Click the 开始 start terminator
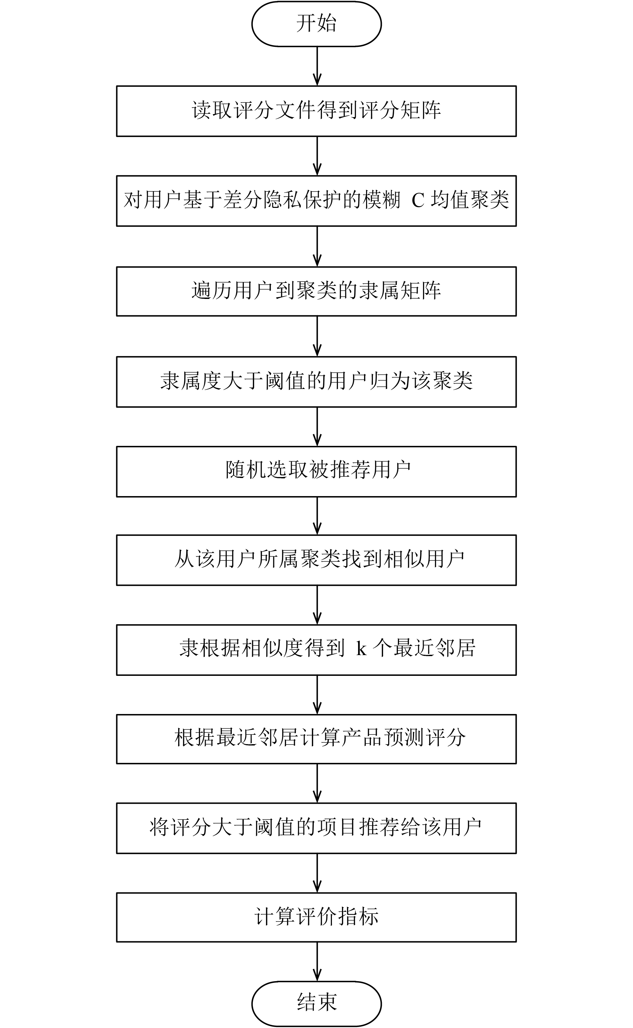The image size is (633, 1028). (x=316, y=23)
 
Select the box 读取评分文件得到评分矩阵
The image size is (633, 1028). (x=316, y=111)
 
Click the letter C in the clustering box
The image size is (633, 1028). (x=418, y=201)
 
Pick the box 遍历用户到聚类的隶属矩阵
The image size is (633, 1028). (x=316, y=291)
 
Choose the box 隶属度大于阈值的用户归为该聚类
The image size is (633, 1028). (x=316, y=382)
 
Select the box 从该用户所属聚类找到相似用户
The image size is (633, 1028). (x=316, y=560)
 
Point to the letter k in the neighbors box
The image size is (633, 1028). (x=361, y=648)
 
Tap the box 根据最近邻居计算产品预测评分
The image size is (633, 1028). (x=316, y=739)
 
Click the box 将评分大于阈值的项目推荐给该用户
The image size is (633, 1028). (x=316, y=828)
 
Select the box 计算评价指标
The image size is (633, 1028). (x=316, y=917)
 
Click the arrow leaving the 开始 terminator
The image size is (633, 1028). (x=318, y=66)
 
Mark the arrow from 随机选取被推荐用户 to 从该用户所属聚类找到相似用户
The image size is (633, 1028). (x=318, y=516)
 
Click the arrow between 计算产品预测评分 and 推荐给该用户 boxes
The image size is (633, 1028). (x=318, y=783)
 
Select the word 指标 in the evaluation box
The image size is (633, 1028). (x=358, y=917)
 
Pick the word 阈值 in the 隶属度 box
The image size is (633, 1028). (x=285, y=381)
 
